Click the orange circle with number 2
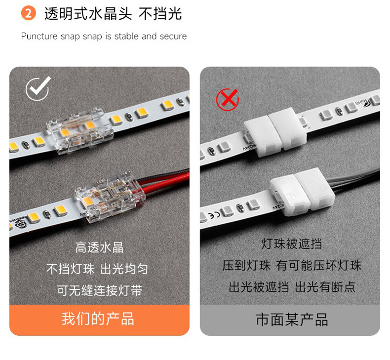[28, 13]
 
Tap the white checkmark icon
[38, 88]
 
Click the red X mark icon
[227, 99]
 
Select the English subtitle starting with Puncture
[104, 37]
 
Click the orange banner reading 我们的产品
[99, 320]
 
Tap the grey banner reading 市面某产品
[290, 320]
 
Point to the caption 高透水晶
[99, 247]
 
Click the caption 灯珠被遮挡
[291, 243]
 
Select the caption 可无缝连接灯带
[99, 290]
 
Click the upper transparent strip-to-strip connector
[80, 131]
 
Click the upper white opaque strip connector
[275, 132]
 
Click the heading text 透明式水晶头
[88, 14]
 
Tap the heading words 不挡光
[160, 14]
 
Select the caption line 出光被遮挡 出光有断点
[291, 287]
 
